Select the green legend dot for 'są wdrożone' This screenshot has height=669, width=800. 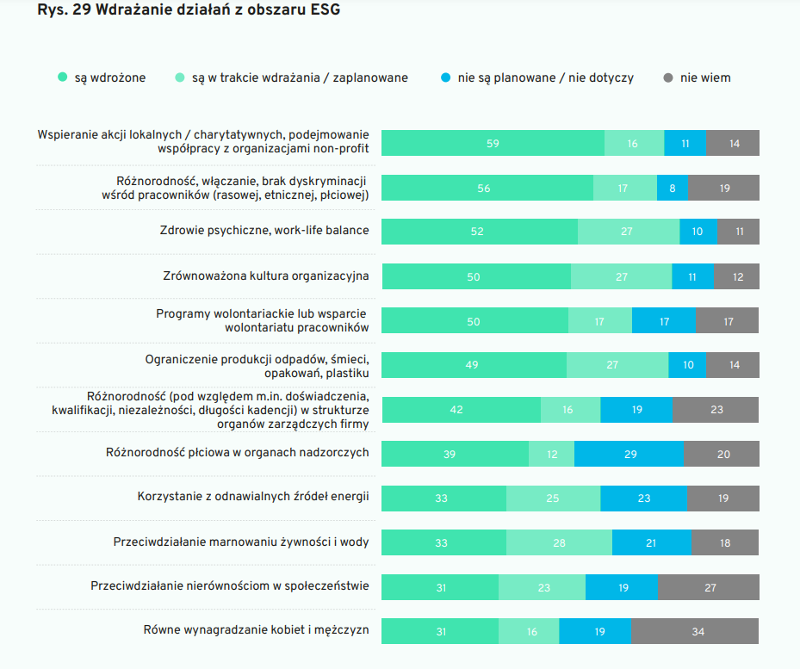click(x=62, y=77)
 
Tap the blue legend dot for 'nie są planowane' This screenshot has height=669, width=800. click(x=445, y=77)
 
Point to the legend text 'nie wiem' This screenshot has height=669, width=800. click(x=705, y=77)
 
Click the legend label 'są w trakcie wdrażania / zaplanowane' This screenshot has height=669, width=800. click(x=300, y=77)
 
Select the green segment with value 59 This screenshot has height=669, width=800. click(x=493, y=143)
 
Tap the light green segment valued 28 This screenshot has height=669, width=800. click(x=559, y=542)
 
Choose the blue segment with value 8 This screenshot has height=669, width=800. click(x=673, y=188)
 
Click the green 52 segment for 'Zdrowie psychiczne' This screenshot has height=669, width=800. click(x=479, y=232)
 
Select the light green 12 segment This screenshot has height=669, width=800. click(x=551, y=454)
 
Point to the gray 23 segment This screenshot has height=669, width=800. click(x=716, y=410)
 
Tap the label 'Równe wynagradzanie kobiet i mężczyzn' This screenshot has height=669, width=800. click(x=256, y=629)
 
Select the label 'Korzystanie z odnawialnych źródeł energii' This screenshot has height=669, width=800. click(x=253, y=497)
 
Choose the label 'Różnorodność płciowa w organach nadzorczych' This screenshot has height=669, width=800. click(x=237, y=452)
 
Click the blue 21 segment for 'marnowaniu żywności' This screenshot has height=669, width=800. click(x=652, y=542)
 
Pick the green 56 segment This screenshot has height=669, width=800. click(x=487, y=188)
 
